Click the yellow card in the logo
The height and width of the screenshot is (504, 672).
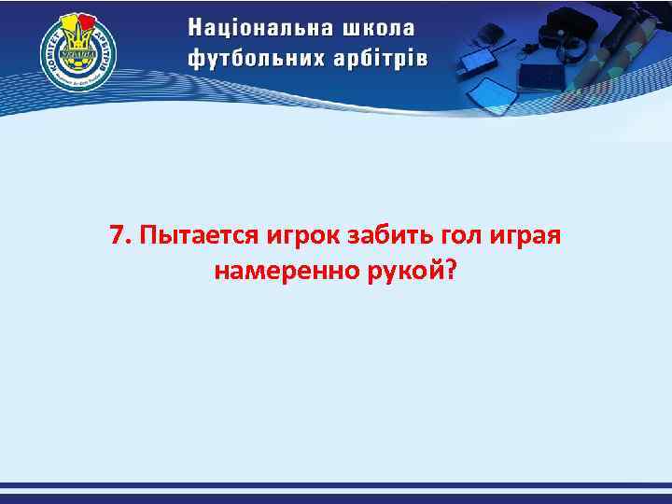71,22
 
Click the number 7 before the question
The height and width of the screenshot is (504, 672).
116,234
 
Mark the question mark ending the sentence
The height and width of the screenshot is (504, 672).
452,271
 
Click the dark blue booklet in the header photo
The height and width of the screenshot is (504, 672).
541,75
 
